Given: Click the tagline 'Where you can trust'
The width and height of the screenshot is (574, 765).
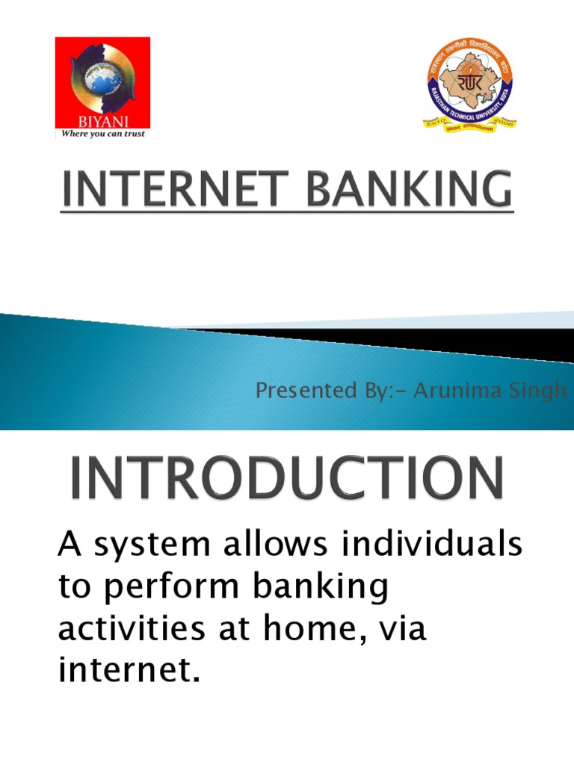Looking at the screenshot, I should tap(102, 134).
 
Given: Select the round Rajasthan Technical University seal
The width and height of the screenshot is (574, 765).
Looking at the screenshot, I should tap(469, 84).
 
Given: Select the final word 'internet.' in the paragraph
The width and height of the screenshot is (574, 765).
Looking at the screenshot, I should tap(129, 671).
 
